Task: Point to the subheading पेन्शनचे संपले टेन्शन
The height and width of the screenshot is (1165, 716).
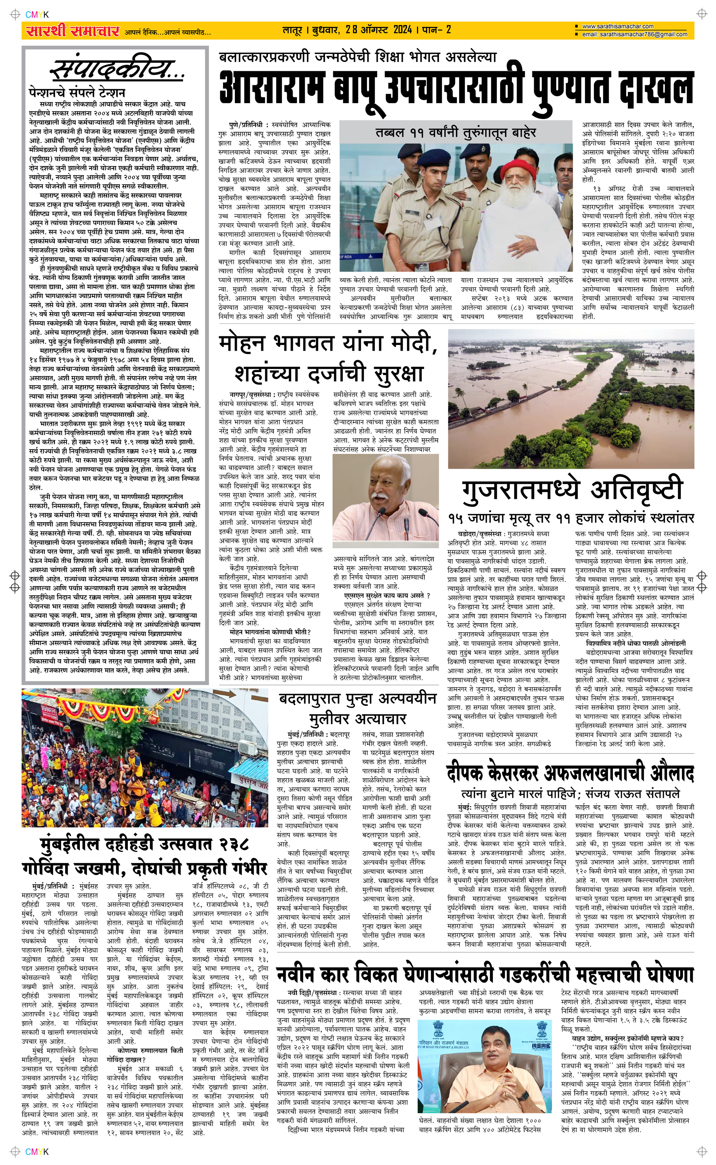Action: [76, 92]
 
